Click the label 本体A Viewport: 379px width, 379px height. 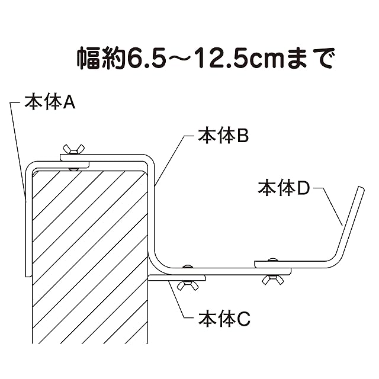coord(50,102)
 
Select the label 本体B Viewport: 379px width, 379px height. coord(223,136)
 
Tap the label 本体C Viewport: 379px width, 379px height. coord(224,319)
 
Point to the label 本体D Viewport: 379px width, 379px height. coord(284,188)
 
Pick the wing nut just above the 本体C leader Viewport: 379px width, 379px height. coord(188,285)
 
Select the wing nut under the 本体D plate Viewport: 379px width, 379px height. coord(272,280)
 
